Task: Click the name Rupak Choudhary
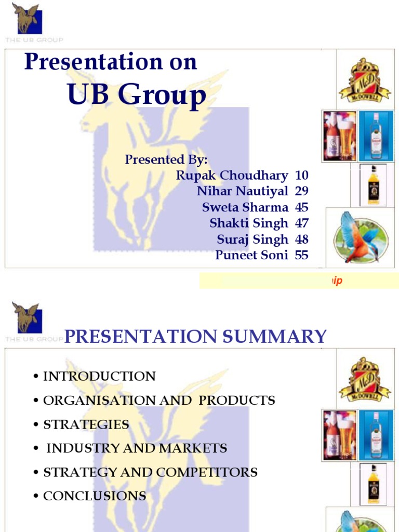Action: point(232,176)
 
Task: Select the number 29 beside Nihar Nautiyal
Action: point(301,192)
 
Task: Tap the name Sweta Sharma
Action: point(245,207)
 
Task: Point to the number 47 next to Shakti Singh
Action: point(301,223)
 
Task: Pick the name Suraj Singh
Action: point(252,240)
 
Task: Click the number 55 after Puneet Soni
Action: point(301,255)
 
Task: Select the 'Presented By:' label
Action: point(166,159)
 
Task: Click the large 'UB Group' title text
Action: point(137,95)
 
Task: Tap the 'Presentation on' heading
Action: point(111,62)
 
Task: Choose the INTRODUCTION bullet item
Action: point(99,376)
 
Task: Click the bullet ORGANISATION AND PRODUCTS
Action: point(159,401)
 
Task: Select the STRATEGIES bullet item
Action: point(86,424)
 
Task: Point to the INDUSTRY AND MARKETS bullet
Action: point(137,448)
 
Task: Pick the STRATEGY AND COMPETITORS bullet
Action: point(150,472)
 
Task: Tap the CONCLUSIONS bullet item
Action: point(95,496)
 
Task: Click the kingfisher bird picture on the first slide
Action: point(360,237)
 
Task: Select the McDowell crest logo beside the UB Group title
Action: point(365,80)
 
